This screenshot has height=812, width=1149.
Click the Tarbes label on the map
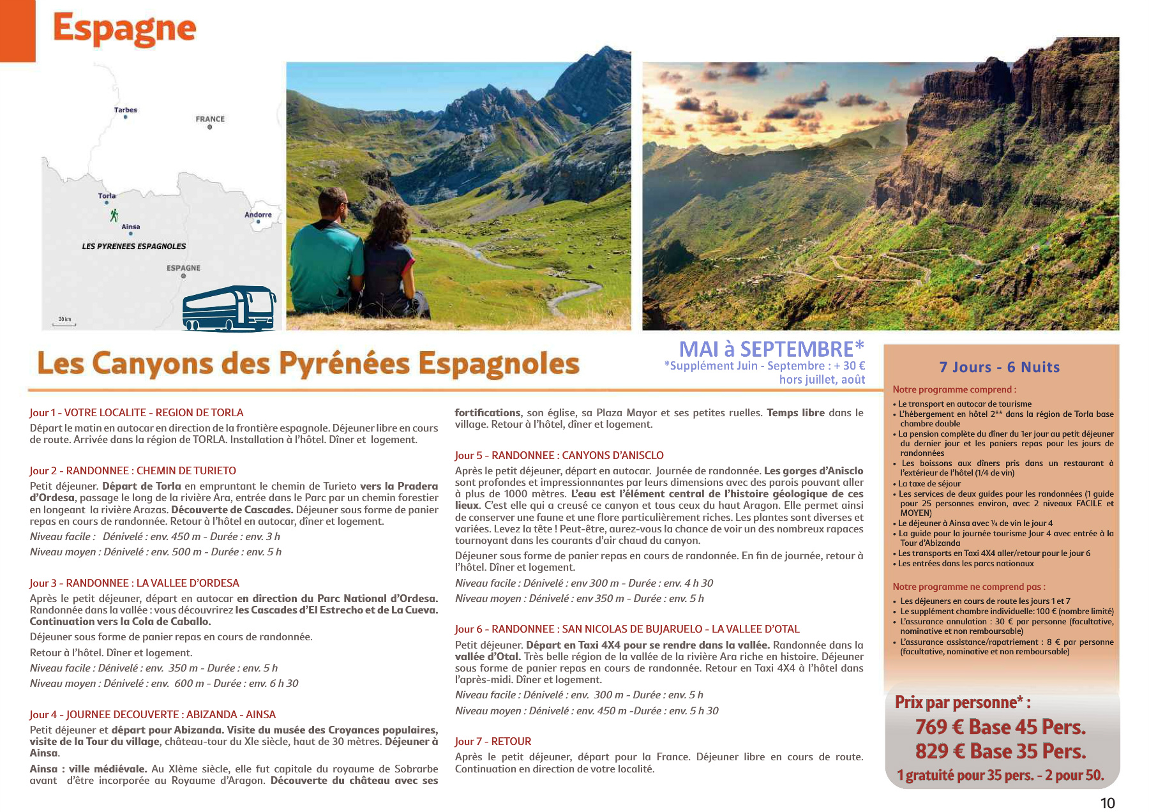point(126,110)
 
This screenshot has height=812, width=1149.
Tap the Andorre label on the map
point(258,214)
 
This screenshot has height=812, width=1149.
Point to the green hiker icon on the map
point(114,215)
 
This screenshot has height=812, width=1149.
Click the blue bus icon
point(229,309)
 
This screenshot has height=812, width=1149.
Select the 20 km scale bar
point(64,322)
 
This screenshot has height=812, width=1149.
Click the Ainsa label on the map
point(131,227)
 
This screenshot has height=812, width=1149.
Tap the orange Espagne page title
point(124,29)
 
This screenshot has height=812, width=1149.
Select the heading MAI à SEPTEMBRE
point(771,349)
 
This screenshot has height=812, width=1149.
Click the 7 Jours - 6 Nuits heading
point(1000,367)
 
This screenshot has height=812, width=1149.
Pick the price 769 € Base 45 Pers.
point(1000,727)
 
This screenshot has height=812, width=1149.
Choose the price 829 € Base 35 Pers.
point(1000,751)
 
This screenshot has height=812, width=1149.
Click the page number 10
point(1108,803)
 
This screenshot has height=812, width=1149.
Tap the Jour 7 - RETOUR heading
point(493,741)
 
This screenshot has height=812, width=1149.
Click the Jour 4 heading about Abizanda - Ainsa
point(153,714)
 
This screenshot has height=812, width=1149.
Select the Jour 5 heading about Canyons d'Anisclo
point(559,455)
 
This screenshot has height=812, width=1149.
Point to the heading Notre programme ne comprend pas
point(968,587)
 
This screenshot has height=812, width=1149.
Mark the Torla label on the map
point(107,196)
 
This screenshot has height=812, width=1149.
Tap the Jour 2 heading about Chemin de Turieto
point(133,470)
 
